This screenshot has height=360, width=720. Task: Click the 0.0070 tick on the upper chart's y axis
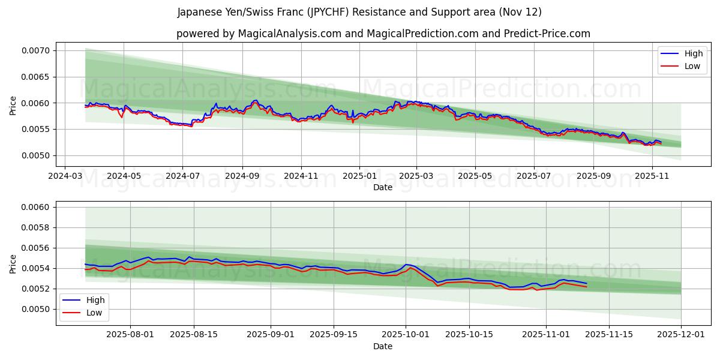pyautogui.click(x=36, y=50)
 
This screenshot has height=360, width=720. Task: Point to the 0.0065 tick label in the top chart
pyautogui.click(x=36, y=77)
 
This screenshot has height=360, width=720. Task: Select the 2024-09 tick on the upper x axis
pyautogui.click(x=242, y=176)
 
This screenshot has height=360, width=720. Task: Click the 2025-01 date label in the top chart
pyautogui.click(x=359, y=176)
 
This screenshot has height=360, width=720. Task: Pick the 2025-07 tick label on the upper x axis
pyautogui.click(x=534, y=176)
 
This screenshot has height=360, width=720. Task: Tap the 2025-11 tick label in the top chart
pyautogui.click(x=652, y=176)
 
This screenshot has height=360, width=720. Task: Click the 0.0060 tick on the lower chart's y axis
pyautogui.click(x=36, y=208)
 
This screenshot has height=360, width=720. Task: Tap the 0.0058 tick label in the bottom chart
pyautogui.click(x=36, y=228)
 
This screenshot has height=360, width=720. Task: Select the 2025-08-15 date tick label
pyautogui.click(x=194, y=334)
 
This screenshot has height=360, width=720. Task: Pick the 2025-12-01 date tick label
pyautogui.click(x=681, y=334)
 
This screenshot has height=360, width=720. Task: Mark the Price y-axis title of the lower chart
pyautogui.click(x=13, y=263)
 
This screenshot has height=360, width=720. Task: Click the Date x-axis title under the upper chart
pyautogui.click(x=383, y=187)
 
